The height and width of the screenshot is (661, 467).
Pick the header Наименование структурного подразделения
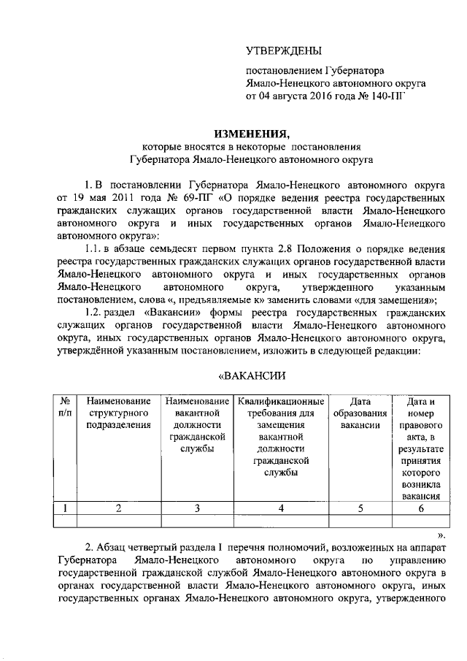click(118, 413)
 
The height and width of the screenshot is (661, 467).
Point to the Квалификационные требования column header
click(281, 436)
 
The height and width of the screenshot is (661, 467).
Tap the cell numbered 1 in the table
click(66, 509)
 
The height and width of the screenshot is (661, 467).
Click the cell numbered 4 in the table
click(281, 509)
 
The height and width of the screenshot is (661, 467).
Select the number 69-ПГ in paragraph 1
click(185, 198)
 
